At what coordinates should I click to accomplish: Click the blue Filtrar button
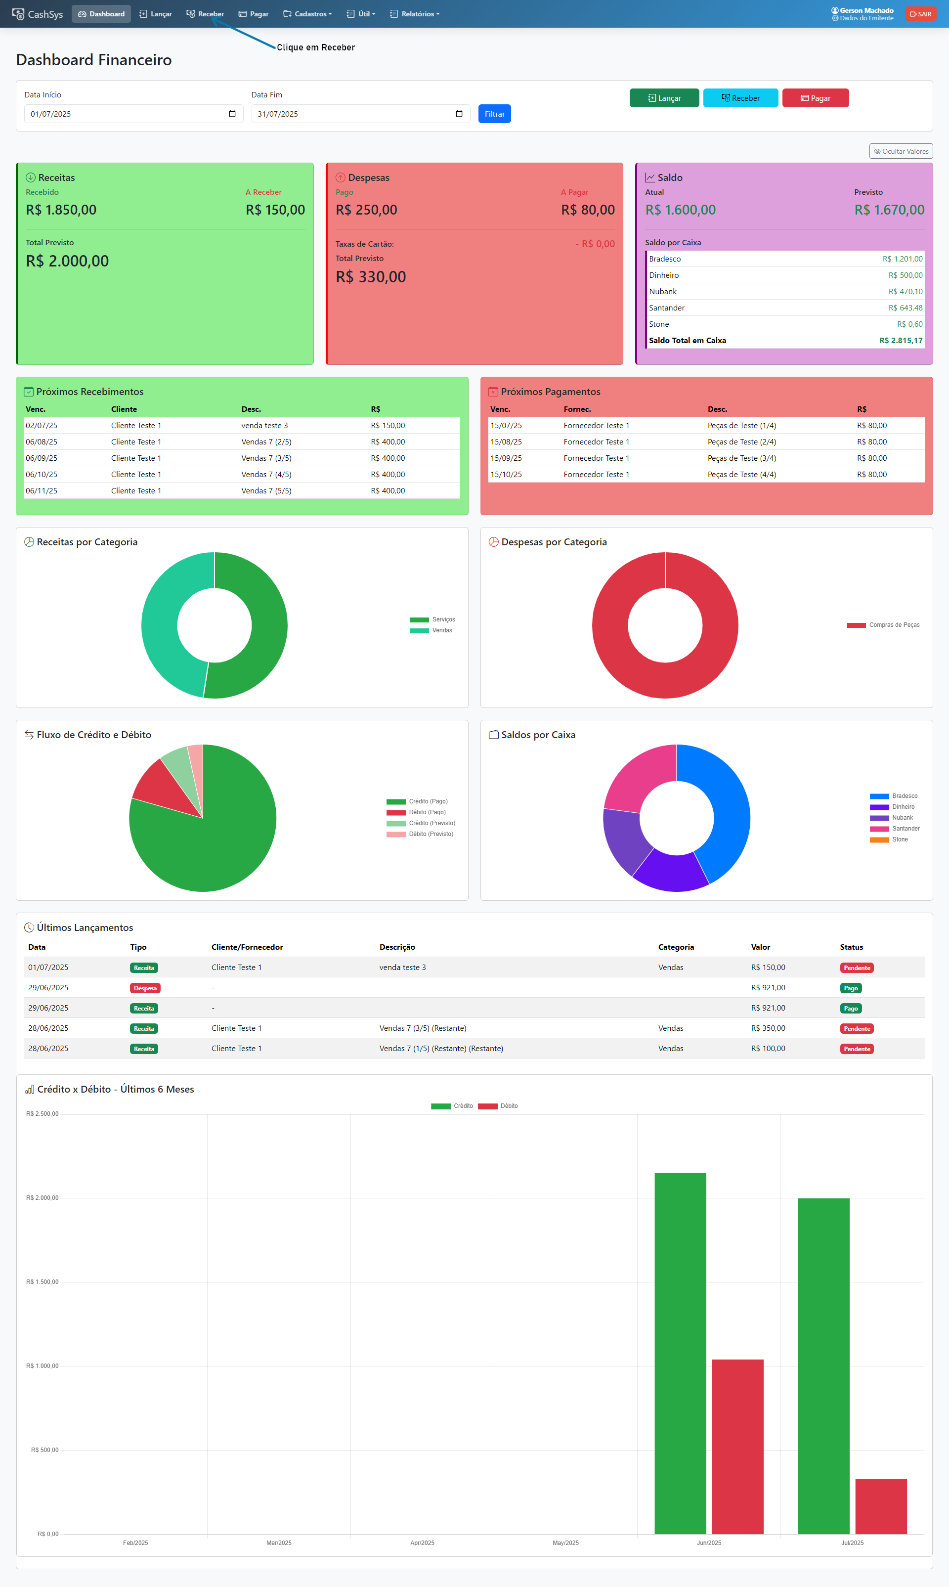tap(494, 114)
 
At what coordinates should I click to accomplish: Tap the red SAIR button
tap(920, 14)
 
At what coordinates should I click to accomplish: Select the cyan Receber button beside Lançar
tap(740, 98)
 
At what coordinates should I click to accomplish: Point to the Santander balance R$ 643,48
tap(905, 308)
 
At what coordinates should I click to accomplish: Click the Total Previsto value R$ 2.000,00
tap(67, 261)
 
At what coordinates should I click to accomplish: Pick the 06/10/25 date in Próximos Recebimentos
tap(42, 475)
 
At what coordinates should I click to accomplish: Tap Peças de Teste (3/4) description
tap(742, 458)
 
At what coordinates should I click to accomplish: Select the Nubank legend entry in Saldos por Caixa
tap(902, 818)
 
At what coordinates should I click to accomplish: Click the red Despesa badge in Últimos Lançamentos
tap(145, 988)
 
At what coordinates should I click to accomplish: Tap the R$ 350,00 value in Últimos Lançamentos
tap(768, 1028)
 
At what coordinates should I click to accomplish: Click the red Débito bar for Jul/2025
tap(881, 1506)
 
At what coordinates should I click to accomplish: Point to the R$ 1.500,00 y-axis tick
tap(42, 1282)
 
